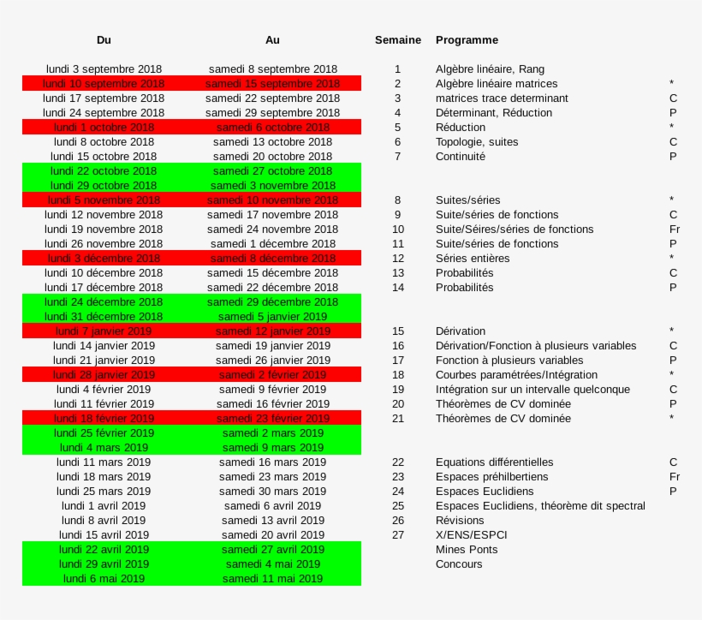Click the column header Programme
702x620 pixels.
coord(467,40)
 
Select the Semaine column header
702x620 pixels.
coord(397,40)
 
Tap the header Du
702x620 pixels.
coord(104,40)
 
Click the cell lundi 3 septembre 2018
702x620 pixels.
coord(104,69)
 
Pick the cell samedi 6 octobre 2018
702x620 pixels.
coord(272,128)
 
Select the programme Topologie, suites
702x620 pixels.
coord(476,142)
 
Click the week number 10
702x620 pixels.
coord(397,230)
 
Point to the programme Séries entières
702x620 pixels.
coord(472,259)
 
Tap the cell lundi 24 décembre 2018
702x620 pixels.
coord(104,302)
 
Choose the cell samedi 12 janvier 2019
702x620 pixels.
coord(272,331)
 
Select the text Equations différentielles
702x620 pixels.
coord(494,462)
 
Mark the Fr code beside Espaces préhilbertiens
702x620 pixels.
coord(674,477)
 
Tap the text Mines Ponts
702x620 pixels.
coord(466,550)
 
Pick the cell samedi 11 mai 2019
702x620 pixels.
coord(272,579)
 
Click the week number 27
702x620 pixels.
coord(397,535)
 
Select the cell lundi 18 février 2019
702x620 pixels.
coord(104,419)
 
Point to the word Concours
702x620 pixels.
coord(459,564)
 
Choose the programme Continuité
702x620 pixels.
coord(460,157)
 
